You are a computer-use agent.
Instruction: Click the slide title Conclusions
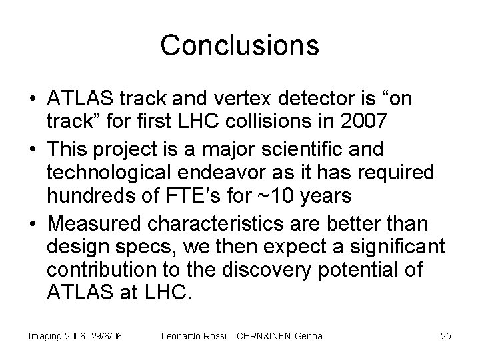[240, 45]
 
